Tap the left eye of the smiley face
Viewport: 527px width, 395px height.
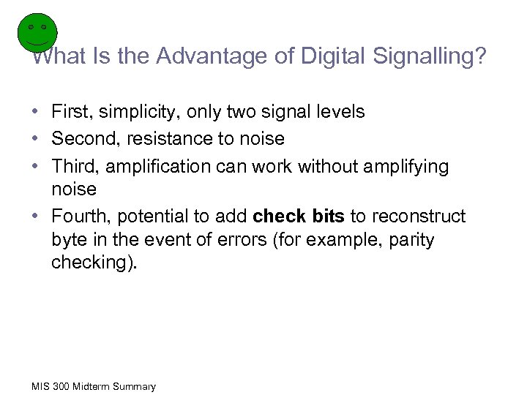point(31,27)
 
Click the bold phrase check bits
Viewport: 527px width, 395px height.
point(298,217)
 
